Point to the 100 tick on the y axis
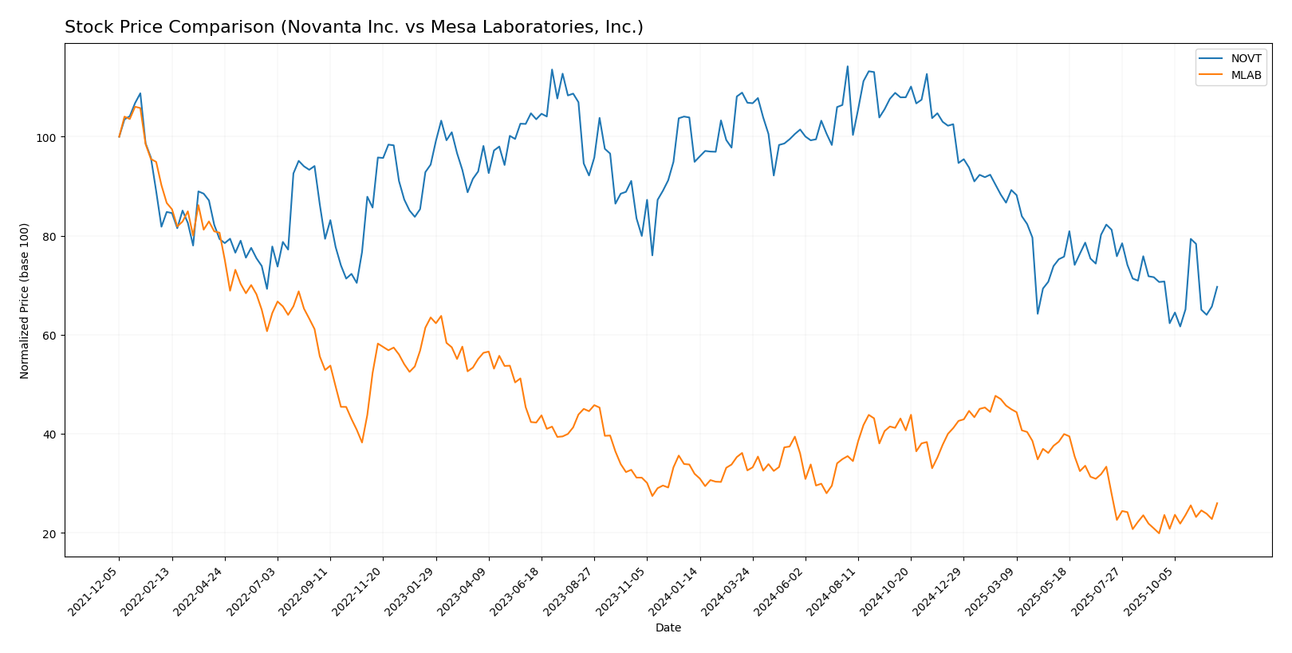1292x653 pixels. point(52,138)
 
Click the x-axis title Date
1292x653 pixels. point(668,628)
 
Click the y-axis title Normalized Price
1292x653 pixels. point(25,301)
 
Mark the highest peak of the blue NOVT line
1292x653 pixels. point(847,66)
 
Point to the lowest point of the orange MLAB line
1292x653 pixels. point(1159,533)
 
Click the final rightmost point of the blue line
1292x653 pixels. point(1217,286)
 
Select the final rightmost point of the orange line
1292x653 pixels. point(1217,503)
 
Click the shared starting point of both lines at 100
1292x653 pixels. point(120,136)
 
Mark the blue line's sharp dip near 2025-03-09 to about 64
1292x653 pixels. point(1038,313)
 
